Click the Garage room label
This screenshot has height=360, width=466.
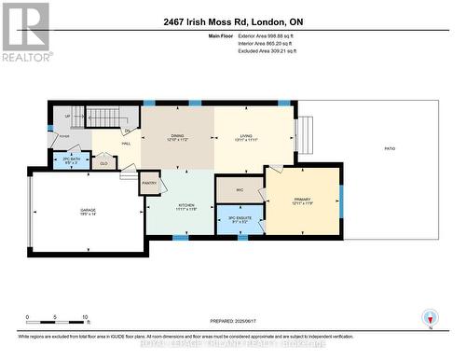(x=88, y=213)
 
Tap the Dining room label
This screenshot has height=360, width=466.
(x=177, y=136)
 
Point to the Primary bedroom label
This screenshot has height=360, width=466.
(x=302, y=201)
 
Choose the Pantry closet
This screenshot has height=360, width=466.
(x=150, y=184)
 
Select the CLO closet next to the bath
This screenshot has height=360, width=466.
(x=104, y=163)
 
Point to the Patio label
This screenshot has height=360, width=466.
(x=390, y=148)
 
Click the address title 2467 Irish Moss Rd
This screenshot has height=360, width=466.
(x=233, y=21)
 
